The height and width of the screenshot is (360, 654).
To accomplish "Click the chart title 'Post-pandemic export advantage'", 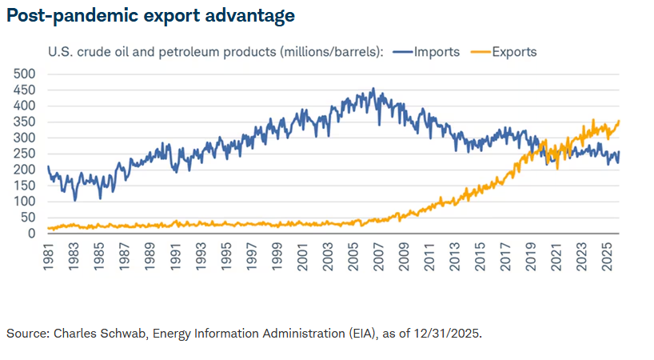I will coord(150,15).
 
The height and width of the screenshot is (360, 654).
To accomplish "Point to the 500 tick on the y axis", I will coord(26,74).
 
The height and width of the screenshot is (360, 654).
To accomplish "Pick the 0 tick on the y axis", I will coord(33,234).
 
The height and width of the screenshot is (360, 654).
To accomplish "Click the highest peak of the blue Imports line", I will coord(373,89).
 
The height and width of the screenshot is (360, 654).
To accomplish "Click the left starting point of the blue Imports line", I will coord(48,166).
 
